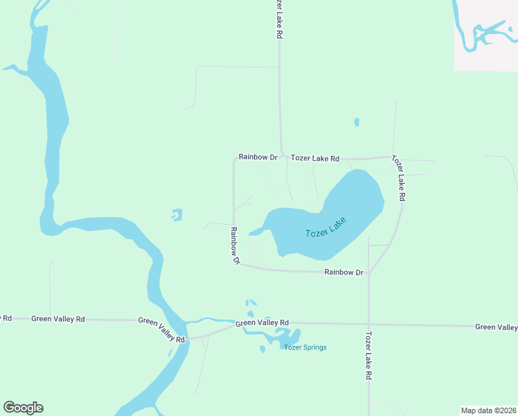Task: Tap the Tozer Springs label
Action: pos(305,347)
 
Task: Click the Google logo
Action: pos(23,408)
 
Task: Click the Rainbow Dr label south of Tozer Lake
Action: pos(344,272)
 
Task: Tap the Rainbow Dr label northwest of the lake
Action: pos(258,157)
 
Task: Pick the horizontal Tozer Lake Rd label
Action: pos(315,159)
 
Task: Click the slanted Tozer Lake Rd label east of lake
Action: pos(398,178)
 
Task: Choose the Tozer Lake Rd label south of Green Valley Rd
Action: pos(368,356)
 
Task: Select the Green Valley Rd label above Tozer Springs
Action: pos(262,323)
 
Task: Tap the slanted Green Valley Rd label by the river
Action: pos(162,330)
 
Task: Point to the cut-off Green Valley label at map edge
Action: pos(496,327)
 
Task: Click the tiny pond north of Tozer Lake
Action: pos(357,122)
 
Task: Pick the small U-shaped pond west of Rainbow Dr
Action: pos(177,216)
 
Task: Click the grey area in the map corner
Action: pos(486,35)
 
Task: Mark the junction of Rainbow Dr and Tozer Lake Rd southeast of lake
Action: pos(369,273)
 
